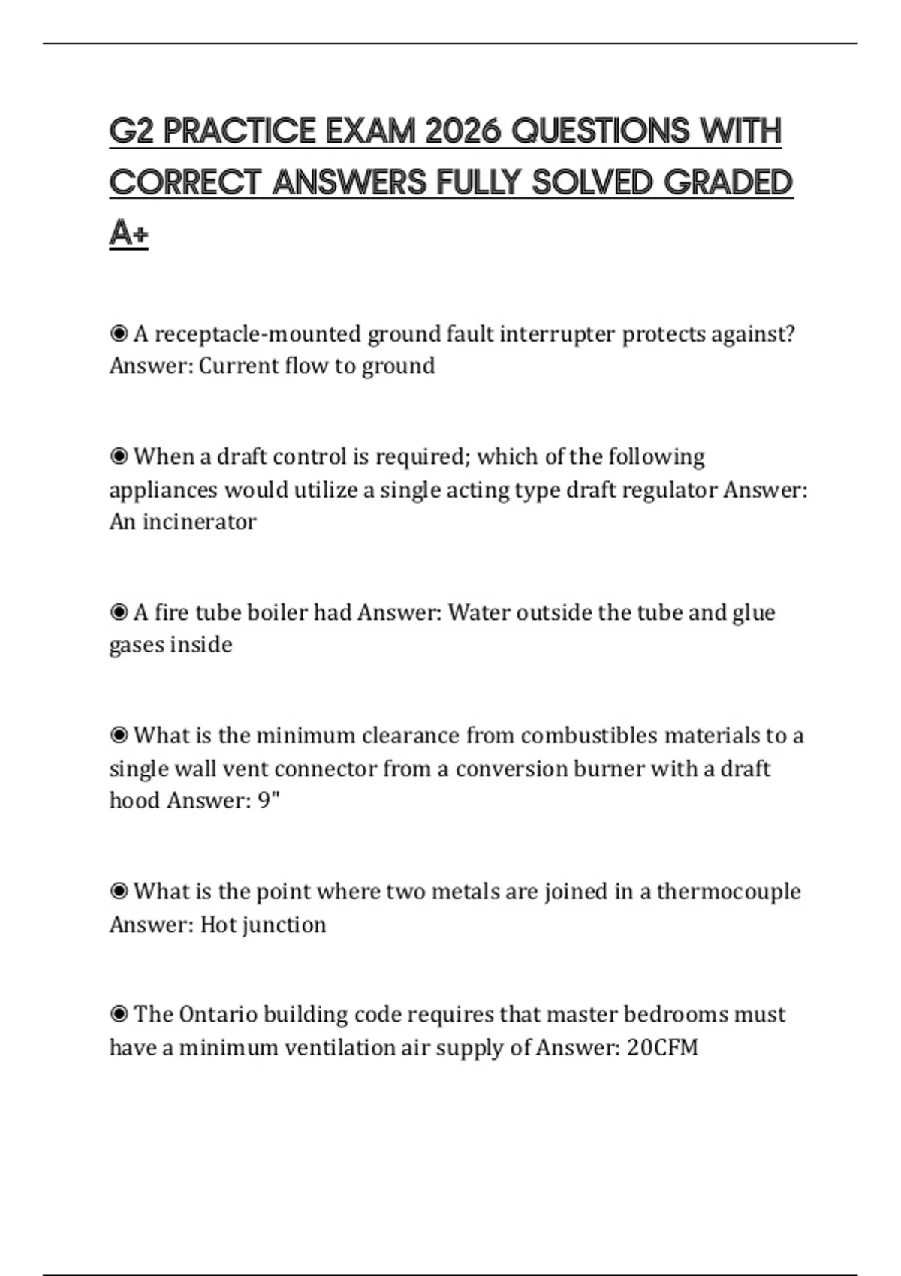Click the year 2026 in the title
point(462,131)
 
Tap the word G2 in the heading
point(132,131)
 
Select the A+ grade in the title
point(128,233)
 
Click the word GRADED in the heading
point(728,182)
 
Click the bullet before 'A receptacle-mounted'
point(119,333)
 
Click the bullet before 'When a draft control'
point(119,456)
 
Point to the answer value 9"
point(269,800)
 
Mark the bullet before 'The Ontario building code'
point(119,1014)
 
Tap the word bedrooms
point(675,1014)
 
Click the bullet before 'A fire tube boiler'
point(119,612)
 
